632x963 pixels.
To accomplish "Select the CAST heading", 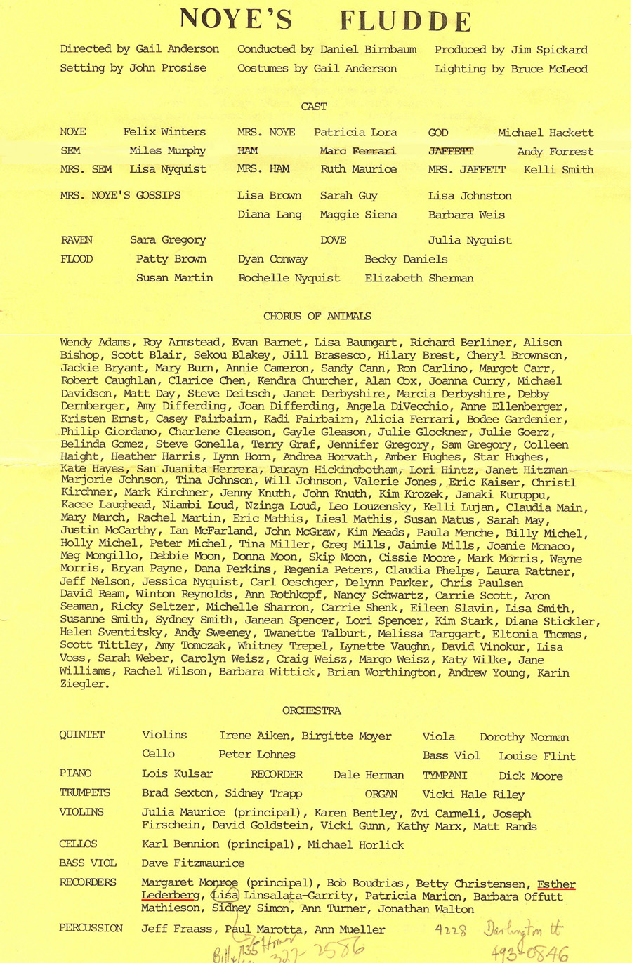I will point(314,107).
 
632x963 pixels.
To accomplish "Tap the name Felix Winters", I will point(164,132).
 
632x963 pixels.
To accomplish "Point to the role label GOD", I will point(438,133).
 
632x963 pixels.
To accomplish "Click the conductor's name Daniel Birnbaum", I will point(368,49).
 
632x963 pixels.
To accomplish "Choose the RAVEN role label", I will point(77,240).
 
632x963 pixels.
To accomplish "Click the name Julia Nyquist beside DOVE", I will point(470,240).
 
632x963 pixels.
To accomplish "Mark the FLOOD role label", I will point(77,259).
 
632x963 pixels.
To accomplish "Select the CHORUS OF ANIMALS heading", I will point(317,316).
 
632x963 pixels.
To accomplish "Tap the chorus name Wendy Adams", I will point(95,343).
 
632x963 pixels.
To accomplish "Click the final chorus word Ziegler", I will point(84,684).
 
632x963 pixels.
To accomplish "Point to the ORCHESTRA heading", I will point(312,710).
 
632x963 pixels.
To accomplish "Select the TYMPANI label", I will point(445,776).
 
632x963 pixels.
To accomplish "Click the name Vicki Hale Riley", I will point(473,795).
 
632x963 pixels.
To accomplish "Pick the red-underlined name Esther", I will point(556,884).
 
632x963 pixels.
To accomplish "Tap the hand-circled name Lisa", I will point(225,896).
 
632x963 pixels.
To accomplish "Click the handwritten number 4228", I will point(450,931).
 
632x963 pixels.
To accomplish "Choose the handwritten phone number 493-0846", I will point(529,952).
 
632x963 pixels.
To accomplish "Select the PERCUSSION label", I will point(91,928).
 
